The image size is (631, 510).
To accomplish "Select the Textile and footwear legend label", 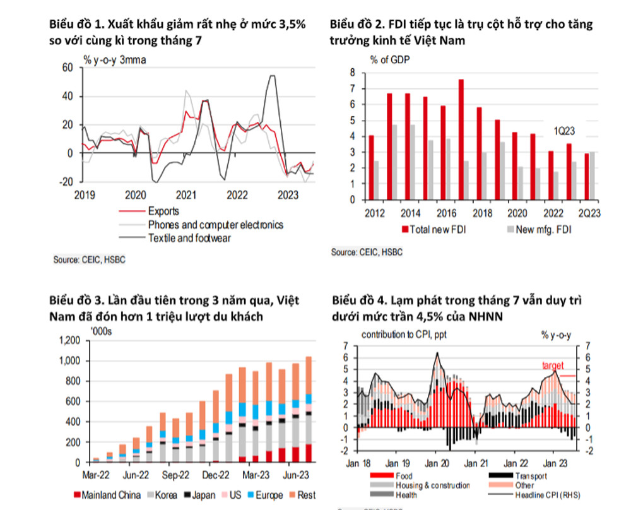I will tap(188, 238).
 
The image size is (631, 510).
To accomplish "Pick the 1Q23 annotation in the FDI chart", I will tap(565, 133).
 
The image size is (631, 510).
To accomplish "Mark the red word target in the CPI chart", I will tap(552, 365).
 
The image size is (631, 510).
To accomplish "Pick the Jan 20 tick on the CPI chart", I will tap(435, 463).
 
